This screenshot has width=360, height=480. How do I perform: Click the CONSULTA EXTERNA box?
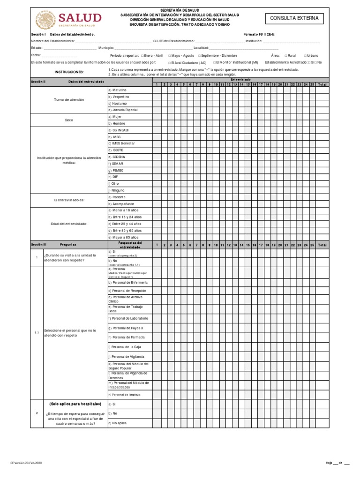point(294,18)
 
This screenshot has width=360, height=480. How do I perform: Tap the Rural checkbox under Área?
point(286,55)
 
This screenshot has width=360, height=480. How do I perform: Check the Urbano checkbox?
point(305,55)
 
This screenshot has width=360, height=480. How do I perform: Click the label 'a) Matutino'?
point(118,90)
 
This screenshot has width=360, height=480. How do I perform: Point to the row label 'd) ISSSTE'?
point(116,150)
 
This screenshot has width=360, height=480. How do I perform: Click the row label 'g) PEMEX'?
point(116,170)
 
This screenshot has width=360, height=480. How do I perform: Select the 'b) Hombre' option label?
point(117,123)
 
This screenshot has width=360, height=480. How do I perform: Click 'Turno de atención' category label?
point(69,100)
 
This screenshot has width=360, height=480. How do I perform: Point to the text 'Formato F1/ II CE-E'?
point(261,35)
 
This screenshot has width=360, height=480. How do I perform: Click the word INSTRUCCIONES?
point(69,72)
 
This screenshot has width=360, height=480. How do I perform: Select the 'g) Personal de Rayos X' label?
point(126,328)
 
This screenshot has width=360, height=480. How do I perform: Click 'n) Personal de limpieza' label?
point(124,394)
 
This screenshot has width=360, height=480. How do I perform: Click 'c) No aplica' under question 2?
point(118,423)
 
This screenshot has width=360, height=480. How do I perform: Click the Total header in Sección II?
point(322,84)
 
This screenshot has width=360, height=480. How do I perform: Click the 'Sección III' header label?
point(38,245)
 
